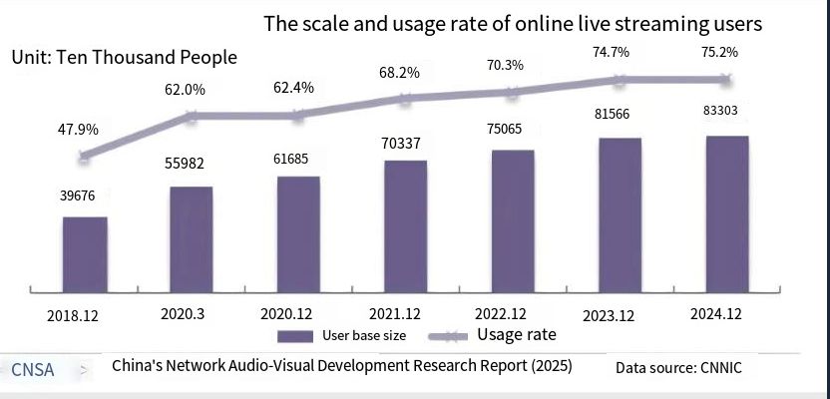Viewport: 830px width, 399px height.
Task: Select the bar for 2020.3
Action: (191, 238)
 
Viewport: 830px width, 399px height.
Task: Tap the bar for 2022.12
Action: (512, 220)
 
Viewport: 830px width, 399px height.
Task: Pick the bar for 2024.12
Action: (726, 213)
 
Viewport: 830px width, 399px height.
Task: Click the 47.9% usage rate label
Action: (70, 130)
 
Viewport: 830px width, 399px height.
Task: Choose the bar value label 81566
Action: (620, 115)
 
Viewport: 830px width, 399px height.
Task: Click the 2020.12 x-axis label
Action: (298, 314)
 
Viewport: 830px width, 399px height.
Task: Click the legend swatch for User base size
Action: (295, 335)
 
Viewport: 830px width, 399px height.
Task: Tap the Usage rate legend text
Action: (516, 334)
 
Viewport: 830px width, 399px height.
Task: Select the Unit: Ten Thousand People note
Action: (124, 57)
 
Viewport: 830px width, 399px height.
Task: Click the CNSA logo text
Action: (33, 369)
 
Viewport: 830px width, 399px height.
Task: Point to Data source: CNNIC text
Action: (678, 368)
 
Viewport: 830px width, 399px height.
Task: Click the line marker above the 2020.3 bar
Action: (191, 116)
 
